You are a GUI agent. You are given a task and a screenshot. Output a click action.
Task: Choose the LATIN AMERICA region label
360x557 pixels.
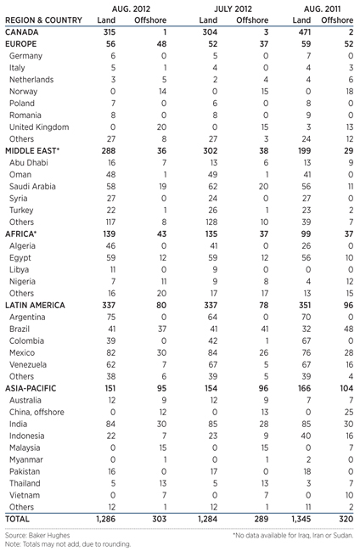click(36, 303)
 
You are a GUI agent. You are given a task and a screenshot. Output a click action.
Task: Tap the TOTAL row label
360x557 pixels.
click(18, 518)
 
